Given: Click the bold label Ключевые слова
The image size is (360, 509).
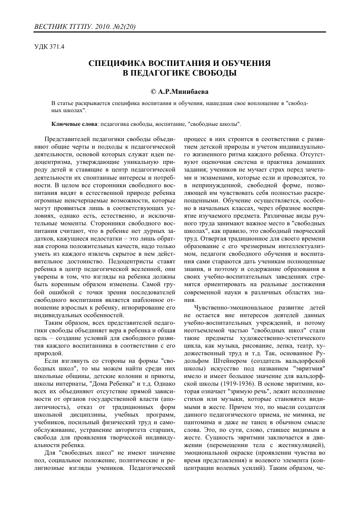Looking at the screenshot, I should pos(76,123).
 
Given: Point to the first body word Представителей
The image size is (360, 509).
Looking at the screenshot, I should pos(68,139).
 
